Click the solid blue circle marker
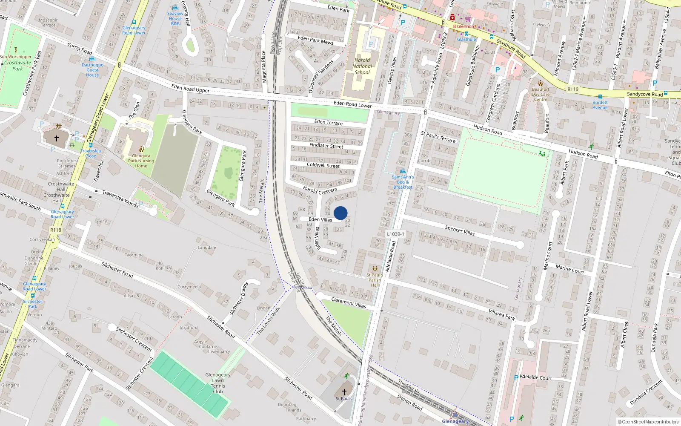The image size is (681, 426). (x=340, y=213)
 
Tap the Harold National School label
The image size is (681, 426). (x=362, y=66)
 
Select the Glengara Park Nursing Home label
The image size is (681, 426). (x=141, y=161)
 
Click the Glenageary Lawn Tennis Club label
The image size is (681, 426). (x=218, y=383)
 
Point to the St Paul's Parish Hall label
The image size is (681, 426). (x=375, y=280)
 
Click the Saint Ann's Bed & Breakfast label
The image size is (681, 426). (x=403, y=182)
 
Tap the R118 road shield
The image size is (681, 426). (x=56, y=230)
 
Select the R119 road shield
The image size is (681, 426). (x=573, y=89)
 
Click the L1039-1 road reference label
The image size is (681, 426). (x=395, y=234)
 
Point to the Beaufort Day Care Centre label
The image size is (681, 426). (x=541, y=95)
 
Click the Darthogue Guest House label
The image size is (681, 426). (x=92, y=70)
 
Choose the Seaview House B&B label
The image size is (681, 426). (x=175, y=18)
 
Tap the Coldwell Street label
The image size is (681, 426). (x=323, y=165)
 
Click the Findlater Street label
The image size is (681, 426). (x=326, y=146)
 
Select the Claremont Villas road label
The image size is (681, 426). (x=349, y=302)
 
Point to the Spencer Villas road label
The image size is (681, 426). (x=460, y=230)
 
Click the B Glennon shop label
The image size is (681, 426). (x=463, y=26)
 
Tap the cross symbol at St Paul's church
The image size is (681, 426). (x=344, y=391)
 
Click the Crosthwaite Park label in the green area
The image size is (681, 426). (x=17, y=66)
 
